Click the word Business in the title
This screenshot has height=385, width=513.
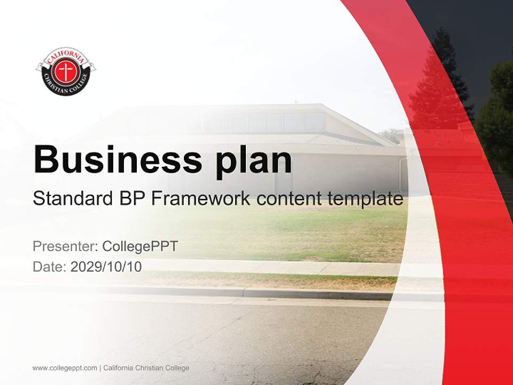coord(118,159)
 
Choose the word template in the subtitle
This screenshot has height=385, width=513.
coord(366,199)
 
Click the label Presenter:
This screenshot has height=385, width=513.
coord(65,246)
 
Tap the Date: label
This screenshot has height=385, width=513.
coord(50,267)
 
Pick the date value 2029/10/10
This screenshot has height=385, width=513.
coord(106,267)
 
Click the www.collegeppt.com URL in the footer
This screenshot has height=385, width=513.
coord(65,368)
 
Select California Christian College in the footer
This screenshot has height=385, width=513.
coord(146,368)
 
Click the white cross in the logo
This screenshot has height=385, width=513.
coord(66,71)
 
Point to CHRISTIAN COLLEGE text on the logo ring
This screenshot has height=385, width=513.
coord(66,86)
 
